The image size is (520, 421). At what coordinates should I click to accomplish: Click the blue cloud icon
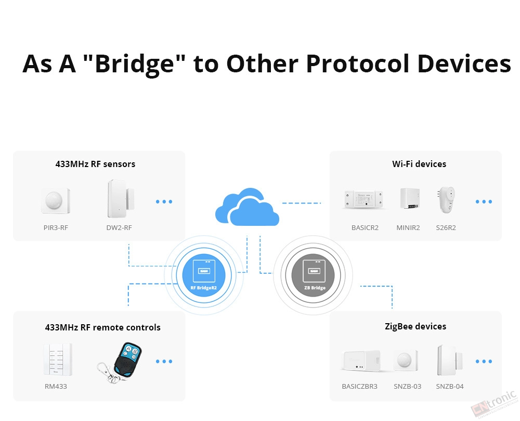click(247, 207)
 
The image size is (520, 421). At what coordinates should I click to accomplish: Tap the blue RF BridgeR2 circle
click(204, 275)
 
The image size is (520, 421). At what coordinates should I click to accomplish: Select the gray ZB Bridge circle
click(313, 275)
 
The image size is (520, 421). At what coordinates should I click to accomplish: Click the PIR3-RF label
click(56, 227)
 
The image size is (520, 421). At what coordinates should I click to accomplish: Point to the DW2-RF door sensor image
click(121, 198)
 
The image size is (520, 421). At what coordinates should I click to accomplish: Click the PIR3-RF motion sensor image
click(56, 201)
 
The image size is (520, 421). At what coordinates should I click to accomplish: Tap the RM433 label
click(56, 386)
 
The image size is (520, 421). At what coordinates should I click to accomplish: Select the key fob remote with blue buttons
click(120, 362)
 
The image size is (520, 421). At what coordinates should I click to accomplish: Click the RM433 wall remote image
click(58, 360)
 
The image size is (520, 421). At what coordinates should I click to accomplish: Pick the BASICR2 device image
click(364, 199)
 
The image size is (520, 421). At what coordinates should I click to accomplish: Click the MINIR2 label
click(408, 227)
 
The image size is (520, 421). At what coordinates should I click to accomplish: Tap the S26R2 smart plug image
click(446, 200)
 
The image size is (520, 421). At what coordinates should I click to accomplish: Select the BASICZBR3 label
click(359, 386)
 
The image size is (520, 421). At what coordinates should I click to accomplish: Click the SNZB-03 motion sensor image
click(406, 360)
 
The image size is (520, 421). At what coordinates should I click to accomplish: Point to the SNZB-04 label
click(450, 386)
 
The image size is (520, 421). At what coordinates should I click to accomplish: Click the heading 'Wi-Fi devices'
click(419, 164)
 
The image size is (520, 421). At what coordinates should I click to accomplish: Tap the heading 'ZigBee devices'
click(415, 326)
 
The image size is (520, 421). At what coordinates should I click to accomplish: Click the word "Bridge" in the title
click(134, 64)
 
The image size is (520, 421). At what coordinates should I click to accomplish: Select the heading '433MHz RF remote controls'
click(103, 327)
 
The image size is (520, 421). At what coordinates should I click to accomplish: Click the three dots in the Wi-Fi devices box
click(484, 202)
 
